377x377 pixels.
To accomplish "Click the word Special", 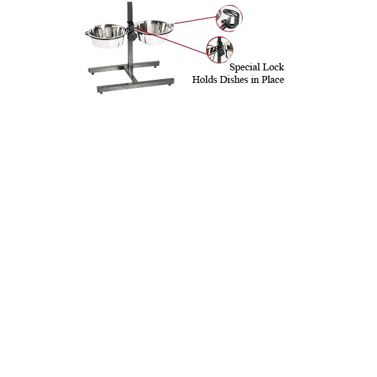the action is click(x=244, y=67).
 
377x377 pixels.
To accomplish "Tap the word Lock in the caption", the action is click(x=273, y=67).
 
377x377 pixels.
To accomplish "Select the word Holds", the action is click(x=205, y=80).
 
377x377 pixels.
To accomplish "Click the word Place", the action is click(x=273, y=80).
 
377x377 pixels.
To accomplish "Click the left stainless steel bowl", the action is click(x=107, y=36).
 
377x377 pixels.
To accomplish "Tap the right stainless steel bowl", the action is click(x=153, y=32).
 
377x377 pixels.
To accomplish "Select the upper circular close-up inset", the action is click(x=229, y=18).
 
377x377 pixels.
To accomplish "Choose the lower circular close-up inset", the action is click(x=219, y=50).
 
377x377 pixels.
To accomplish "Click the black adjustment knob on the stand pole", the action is click(x=132, y=36).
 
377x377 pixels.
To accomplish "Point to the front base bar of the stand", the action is click(x=136, y=85).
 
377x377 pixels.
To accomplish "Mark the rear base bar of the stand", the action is click(x=124, y=67).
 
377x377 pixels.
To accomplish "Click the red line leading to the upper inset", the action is click(x=195, y=20).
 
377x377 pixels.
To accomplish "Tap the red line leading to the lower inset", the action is click(x=171, y=41).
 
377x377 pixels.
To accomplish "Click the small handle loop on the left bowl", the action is click(x=87, y=33).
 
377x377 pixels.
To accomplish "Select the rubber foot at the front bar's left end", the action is click(x=101, y=92).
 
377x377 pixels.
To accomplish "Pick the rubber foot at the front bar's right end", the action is click(x=170, y=85).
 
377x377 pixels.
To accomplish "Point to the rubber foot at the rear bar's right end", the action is click(x=155, y=67).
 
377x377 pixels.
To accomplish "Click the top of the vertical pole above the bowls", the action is click(x=129, y=3).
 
